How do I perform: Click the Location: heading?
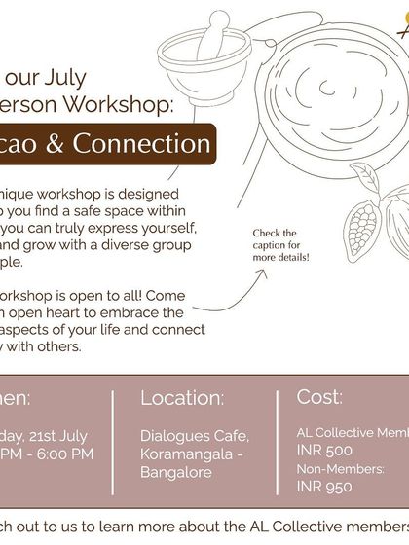tap(182, 398)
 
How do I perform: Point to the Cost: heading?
tap(319, 397)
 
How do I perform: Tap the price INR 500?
tap(325, 451)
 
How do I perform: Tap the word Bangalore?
tap(175, 471)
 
